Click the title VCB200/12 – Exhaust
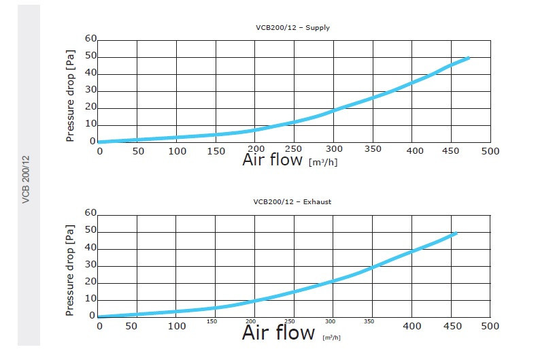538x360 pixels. pyautogui.click(x=293, y=202)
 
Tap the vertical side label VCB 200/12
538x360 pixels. pyautogui.click(x=27, y=179)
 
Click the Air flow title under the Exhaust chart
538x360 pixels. pyautogui.click(x=279, y=333)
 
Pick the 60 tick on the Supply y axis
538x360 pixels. pyautogui.click(x=91, y=39)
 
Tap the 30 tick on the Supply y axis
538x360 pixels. pyautogui.click(x=91, y=90)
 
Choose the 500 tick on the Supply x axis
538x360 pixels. pyautogui.click(x=490, y=150)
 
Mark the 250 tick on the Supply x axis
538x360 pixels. pyautogui.click(x=295, y=150)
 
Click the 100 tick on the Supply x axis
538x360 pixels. pyautogui.click(x=178, y=150)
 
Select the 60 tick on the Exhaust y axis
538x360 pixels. pyautogui.click(x=91, y=213)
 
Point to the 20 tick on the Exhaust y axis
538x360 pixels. pyautogui.click(x=91, y=282)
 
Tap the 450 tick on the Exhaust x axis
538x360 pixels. pyautogui.click(x=451, y=326)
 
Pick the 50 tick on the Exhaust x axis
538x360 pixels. pyautogui.click(x=138, y=326)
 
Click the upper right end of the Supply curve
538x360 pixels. pyautogui.click(x=468, y=58)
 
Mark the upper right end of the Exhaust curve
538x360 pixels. pyautogui.click(x=455, y=233)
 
